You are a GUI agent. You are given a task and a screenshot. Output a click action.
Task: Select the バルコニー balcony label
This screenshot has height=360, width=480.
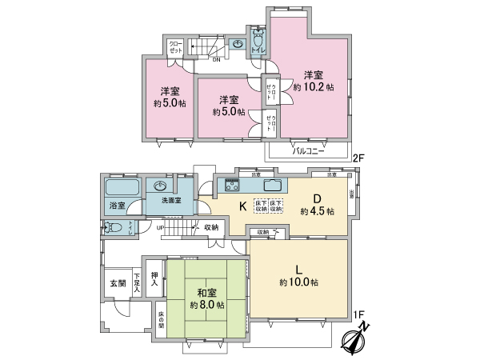click(x=306, y=150)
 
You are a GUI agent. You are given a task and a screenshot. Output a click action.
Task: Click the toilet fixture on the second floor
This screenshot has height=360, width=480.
click(x=258, y=39)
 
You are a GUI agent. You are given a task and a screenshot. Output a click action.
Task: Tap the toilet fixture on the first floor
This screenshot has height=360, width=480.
click(x=116, y=226)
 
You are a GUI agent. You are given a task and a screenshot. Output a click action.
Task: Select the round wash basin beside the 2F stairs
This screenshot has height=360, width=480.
click(x=239, y=45)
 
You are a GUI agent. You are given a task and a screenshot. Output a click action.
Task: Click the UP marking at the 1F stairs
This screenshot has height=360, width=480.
click(x=160, y=228)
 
